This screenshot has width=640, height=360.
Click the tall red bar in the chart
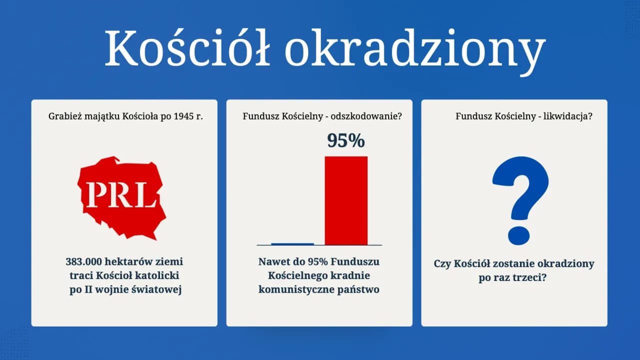pos(346,200)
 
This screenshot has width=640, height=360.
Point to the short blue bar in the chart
pos(292,244)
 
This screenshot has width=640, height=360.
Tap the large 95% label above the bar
pos(346,141)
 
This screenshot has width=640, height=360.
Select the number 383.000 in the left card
pos(86,261)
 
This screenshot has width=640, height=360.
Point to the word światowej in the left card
pos(159,289)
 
